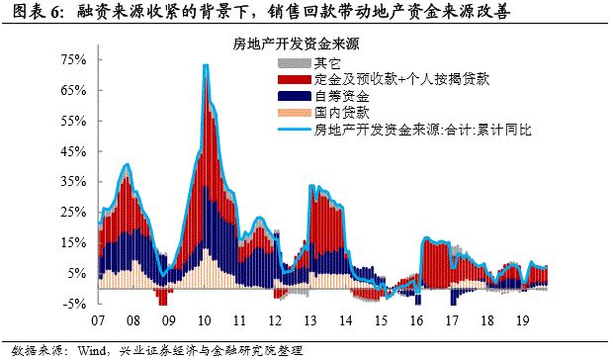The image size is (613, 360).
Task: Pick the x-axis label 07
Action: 98,321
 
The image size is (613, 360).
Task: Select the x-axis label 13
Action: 309,321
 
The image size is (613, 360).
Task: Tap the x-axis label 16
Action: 417,321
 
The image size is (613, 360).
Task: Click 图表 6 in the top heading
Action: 27,12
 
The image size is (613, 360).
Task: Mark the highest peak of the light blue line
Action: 205,65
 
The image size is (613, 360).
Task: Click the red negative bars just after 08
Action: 162,297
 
